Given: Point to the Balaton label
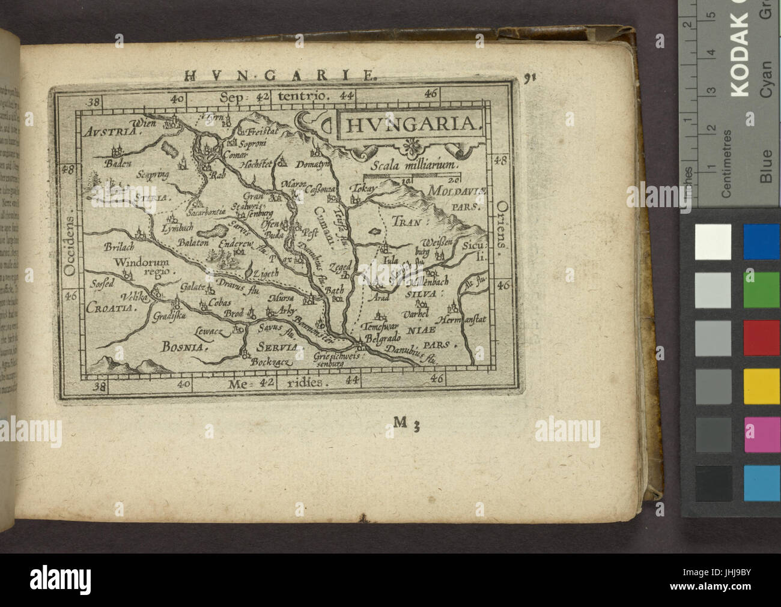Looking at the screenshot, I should (x=192, y=243).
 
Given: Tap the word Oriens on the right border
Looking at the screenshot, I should (x=502, y=219).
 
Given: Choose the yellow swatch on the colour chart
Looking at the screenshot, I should (x=762, y=386).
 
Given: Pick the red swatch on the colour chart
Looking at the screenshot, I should (x=762, y=337).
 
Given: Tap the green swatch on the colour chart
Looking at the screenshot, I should (x=762, y=290).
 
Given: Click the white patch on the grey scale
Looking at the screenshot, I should (x=713, y=242).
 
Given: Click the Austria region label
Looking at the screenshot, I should (x=108, y=131).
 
